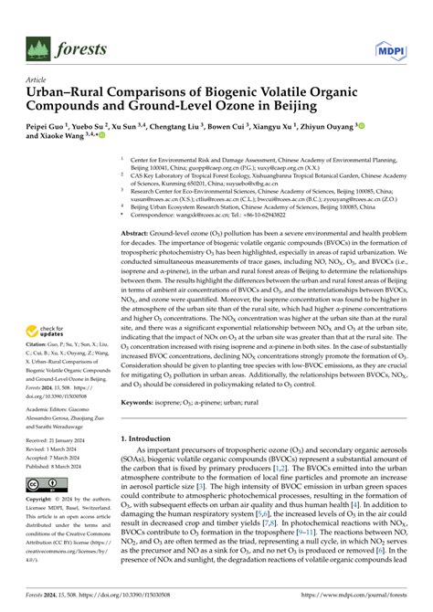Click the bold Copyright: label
click(x=43, y=500)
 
